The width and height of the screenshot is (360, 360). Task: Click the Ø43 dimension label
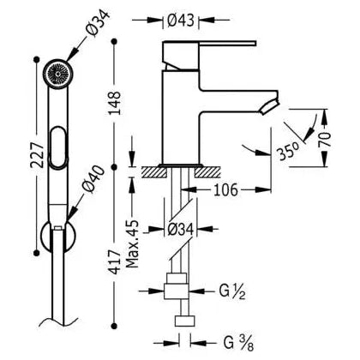point(181,21)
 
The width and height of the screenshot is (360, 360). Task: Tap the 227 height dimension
point(38,155)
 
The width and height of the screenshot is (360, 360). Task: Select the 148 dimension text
point(115,103)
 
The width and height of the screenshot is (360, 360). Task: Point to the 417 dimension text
point(116,262)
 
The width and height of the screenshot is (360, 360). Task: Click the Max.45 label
point(133,243)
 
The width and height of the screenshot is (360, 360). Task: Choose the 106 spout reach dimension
point(225,189)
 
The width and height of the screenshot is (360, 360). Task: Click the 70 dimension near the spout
point(325,139)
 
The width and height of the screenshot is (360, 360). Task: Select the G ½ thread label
point(232,291)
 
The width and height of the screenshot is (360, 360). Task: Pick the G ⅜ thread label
point(238,342)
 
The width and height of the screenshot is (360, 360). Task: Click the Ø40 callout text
point(93,179)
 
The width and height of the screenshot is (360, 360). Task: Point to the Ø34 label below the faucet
point(180,229)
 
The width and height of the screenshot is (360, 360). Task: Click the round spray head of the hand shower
point(58,73)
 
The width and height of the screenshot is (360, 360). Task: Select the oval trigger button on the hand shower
point(59,147)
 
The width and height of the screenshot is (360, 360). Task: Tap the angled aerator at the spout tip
point(269,106)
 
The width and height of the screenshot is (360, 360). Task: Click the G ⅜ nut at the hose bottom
point(185,321)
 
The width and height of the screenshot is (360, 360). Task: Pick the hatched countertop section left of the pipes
point(154,172)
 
